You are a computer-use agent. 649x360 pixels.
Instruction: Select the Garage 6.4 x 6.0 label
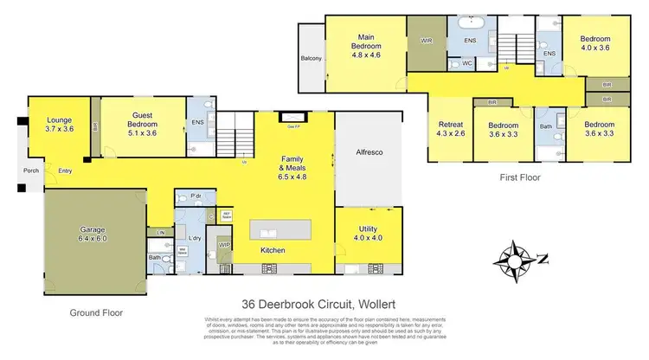(87, 233)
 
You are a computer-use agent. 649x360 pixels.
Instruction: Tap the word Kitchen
(274, 251)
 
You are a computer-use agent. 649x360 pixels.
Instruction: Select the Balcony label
(311, 59)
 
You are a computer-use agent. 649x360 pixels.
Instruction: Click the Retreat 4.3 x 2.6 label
(451, 129)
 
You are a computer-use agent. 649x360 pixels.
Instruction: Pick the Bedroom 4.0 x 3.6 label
(594, 44)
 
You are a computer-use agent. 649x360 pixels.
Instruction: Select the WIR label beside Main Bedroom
(425, 39)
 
